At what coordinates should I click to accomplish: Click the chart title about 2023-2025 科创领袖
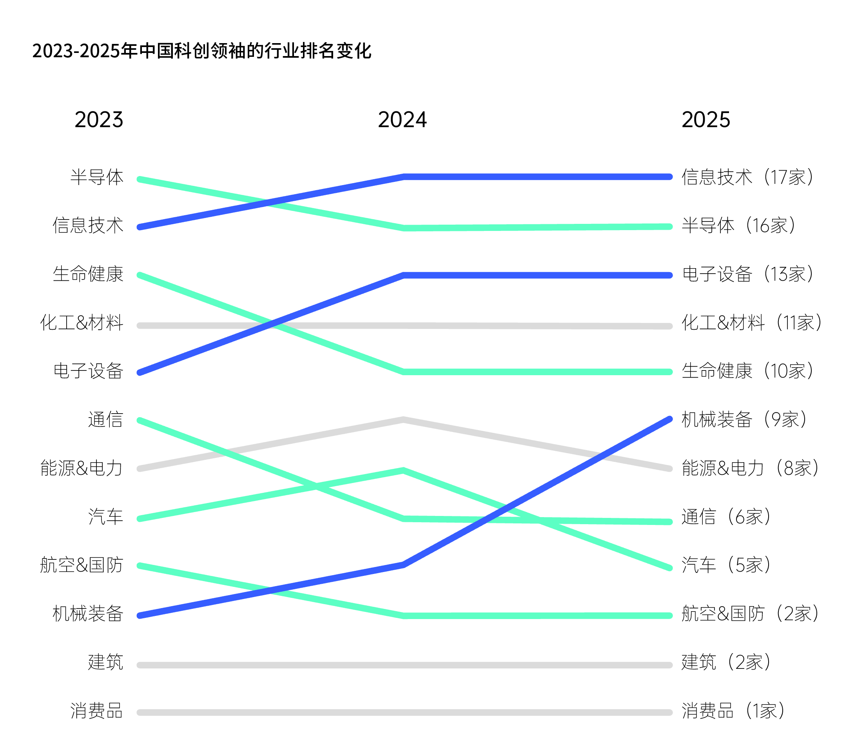point(202,51)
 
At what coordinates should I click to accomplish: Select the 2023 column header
point(99,120)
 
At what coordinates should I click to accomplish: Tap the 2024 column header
point(402,120)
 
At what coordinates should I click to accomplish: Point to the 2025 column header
point(706,120)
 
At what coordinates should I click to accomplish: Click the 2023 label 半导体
point(97,177)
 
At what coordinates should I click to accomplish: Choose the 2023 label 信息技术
point(88,225)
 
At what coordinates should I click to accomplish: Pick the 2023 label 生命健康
point(88,274)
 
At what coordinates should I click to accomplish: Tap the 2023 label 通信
point(105,419)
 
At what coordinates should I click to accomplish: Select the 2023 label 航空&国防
point(82,565)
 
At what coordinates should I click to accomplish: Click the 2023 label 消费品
point(97,711)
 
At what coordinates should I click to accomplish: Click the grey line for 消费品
point(404,712)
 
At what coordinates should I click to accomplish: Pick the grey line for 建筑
point(404,665)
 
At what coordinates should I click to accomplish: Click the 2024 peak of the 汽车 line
point(404,470)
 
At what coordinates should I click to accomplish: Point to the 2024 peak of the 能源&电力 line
point(403,419)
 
